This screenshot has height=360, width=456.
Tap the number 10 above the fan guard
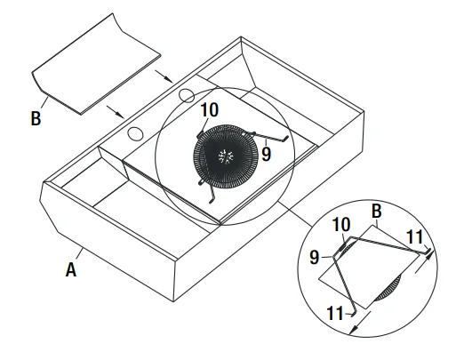[209, 110]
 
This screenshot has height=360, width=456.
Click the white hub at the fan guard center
[224, 156]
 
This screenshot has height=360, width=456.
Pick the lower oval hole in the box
[135, 134]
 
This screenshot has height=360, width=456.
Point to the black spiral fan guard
[224, 156]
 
